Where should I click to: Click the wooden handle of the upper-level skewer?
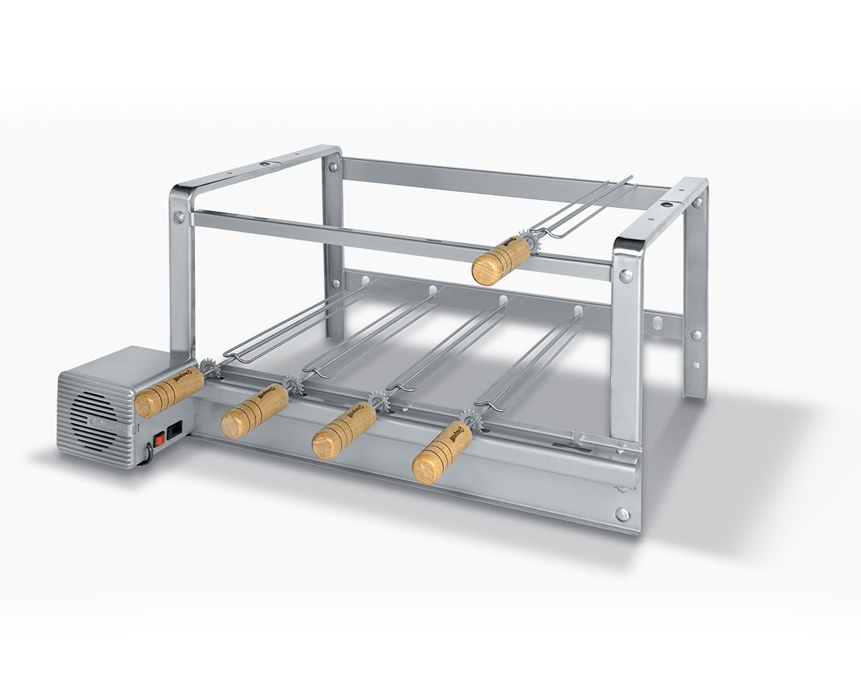[501, 260]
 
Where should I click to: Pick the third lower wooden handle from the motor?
[344, 430]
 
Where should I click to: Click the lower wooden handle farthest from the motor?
[442, 453]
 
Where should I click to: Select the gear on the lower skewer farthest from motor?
[471, 420]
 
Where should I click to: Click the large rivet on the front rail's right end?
[622, 514]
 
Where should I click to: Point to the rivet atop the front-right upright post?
[626, 275]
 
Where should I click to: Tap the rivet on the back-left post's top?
[333, 168]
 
